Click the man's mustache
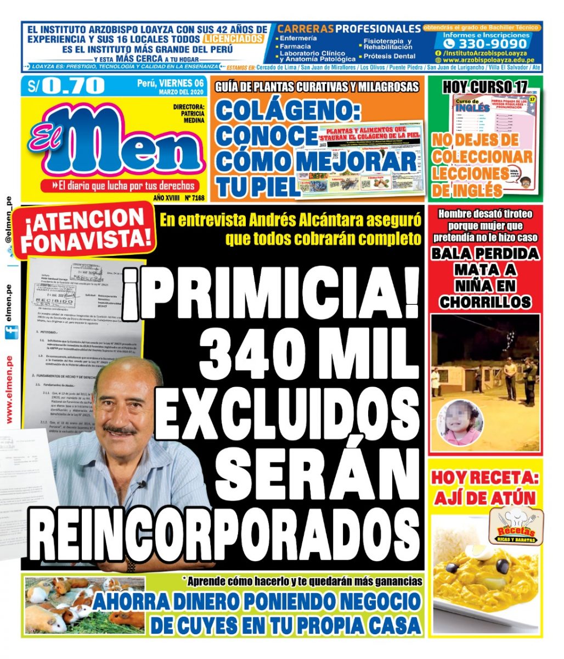point(120,429)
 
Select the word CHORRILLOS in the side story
point(485,301)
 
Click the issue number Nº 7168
point(195,198)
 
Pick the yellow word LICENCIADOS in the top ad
point(233,40)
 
